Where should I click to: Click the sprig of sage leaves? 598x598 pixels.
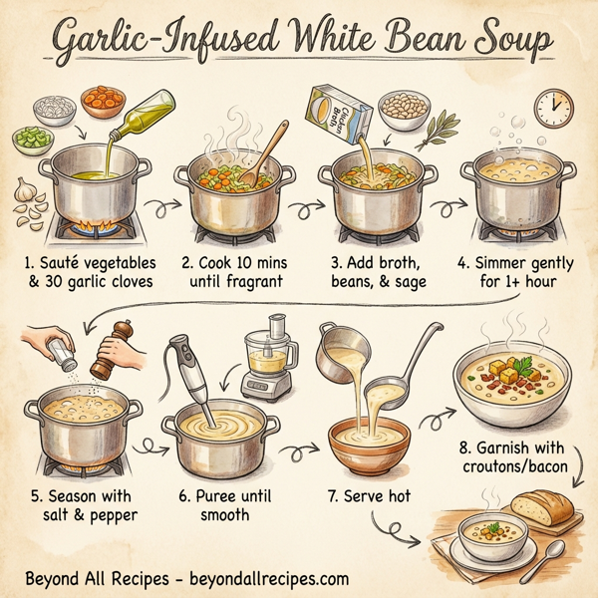tap(437, 131)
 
